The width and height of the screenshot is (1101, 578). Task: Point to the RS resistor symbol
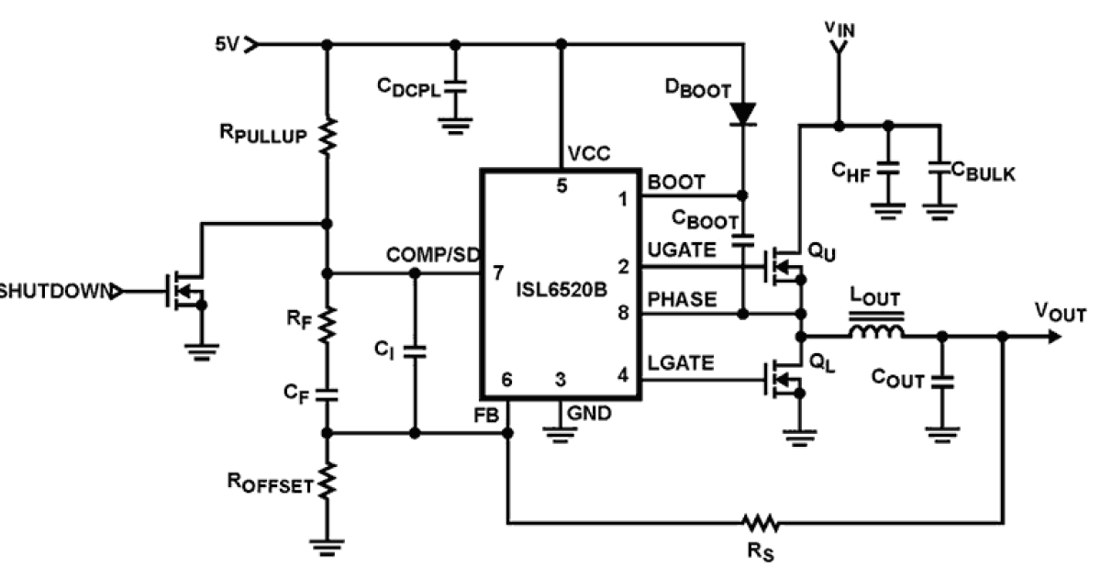point(762,524)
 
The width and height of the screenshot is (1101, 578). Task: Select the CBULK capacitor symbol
point(938,171)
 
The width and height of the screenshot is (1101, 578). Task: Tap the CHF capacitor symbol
point(886,171)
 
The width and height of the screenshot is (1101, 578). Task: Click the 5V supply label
point(227,44)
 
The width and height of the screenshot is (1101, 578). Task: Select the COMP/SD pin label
point(431,254)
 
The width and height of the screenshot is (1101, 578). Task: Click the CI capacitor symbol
point(415,350)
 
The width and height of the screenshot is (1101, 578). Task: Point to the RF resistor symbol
point(328,323)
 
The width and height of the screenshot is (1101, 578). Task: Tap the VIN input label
point(839,30)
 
